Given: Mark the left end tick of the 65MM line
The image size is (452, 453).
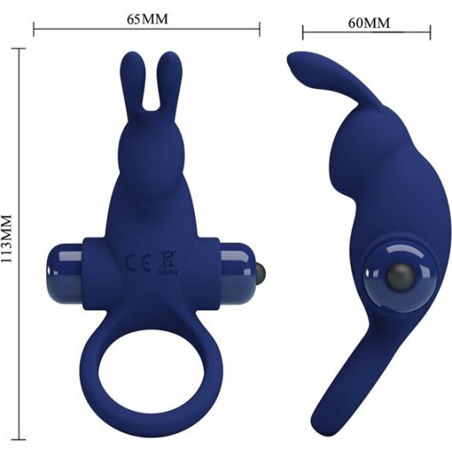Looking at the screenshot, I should pos(33,30).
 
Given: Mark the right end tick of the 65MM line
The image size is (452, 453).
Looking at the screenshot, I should pos(260,30).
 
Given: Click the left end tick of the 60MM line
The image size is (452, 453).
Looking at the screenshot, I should pos(302,34).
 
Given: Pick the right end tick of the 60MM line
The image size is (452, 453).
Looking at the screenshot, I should pos(431,34).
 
